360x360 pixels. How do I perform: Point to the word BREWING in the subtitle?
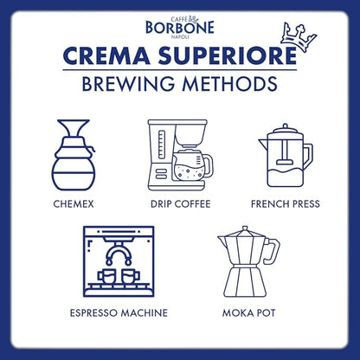[x=132, y=85]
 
